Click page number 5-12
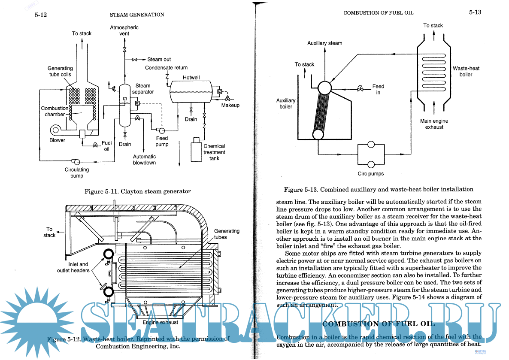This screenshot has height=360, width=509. coord(41,15)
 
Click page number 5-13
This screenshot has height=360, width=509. coord(475,12)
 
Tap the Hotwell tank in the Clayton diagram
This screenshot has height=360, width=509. coord(191,92)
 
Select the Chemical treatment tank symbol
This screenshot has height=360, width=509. coord(197,150)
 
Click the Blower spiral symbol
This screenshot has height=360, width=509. coord(56,130)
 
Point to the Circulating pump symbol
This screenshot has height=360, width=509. coord(76,161)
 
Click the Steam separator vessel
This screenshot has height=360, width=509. coord(125,105)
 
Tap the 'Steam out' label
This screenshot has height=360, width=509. coord(159,60)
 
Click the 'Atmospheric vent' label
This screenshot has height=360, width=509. coord(124,30)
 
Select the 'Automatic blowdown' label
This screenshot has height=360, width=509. coord(144,160)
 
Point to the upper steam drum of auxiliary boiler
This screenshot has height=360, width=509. coord(325,88)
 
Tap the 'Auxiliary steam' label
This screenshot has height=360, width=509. coord(324,43)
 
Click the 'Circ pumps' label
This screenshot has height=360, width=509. coord(370,174)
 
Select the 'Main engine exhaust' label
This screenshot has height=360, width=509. coord(434,124)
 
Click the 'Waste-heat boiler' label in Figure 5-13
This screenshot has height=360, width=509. coord(466,71)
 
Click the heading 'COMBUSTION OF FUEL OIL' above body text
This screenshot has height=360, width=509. coord(379,324)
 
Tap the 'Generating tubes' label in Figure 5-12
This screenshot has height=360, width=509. coord(227,234)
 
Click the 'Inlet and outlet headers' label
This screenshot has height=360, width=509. coord(73,267)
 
